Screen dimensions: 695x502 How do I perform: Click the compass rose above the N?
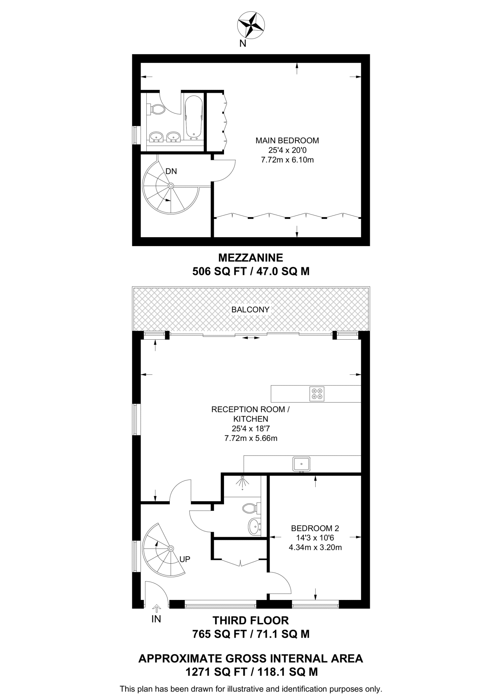coord(251,24)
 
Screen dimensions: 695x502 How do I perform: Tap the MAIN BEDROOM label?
coord(287,140)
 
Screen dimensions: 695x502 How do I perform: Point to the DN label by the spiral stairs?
coord(171,171)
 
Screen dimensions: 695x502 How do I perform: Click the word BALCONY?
coord(250,309)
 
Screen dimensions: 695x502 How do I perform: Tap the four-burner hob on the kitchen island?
coord(317,394)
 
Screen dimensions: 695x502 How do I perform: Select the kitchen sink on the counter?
coord(301,464)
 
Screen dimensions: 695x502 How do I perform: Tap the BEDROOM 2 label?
coord(315,528)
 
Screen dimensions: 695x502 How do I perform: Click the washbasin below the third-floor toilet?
coord(254,526)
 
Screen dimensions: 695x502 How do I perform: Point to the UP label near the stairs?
coord(185,559)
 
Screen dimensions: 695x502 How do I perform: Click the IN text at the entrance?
coord(156,619)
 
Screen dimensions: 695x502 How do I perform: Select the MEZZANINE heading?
coord(250,258)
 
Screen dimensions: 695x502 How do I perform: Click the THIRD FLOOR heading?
coord(250,620)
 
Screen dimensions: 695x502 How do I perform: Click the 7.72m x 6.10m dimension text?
coord(287,160)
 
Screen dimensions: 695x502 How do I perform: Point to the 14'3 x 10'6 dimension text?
coord(315,538)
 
